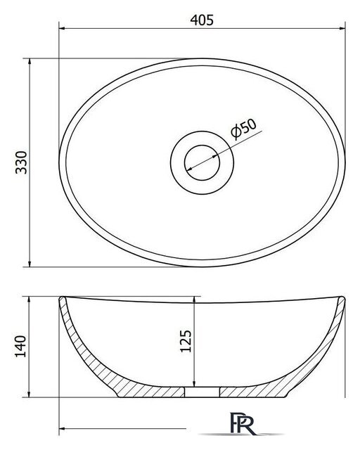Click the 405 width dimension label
pos(202,20)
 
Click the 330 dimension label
pos(21,162)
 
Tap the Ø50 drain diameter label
pos(243,129)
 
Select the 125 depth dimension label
pos(186,341)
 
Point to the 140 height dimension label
pos(20,346)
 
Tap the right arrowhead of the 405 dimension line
pos(342,28)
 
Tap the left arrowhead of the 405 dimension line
pos(63,28)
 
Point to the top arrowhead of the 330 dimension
pos(30,61)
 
